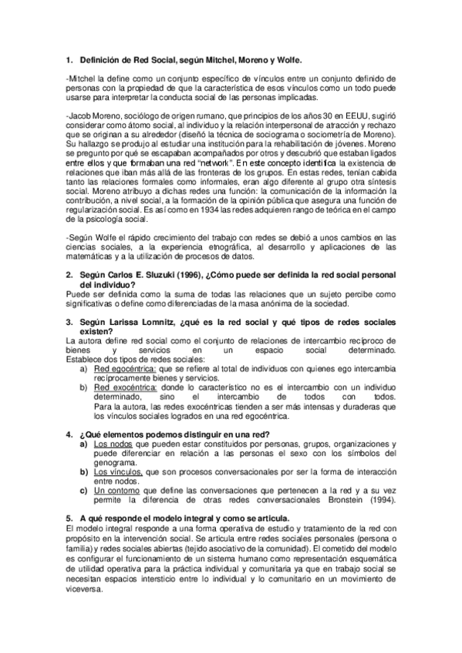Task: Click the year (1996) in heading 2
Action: (x=169, y=276)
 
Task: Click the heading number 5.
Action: (x=69, y=518)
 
